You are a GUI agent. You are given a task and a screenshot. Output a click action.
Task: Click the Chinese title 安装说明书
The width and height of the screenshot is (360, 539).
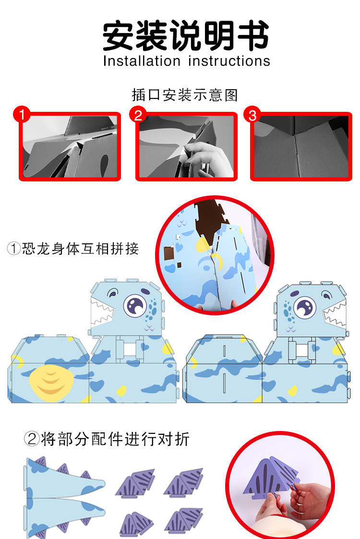[186, 36]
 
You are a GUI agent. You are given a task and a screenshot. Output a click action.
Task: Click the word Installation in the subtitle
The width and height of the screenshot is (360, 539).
[141, 61]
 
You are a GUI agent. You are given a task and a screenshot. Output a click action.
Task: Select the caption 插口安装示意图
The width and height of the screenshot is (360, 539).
[185, 95]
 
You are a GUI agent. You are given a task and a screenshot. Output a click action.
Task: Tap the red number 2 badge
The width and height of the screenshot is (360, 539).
[138, 116]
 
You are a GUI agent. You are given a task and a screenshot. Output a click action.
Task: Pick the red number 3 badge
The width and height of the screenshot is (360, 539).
[252, 116]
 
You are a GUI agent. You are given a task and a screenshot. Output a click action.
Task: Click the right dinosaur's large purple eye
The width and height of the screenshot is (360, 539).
[304, 306]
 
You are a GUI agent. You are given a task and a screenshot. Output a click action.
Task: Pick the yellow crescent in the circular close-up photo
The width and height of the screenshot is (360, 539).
[218, 261]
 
